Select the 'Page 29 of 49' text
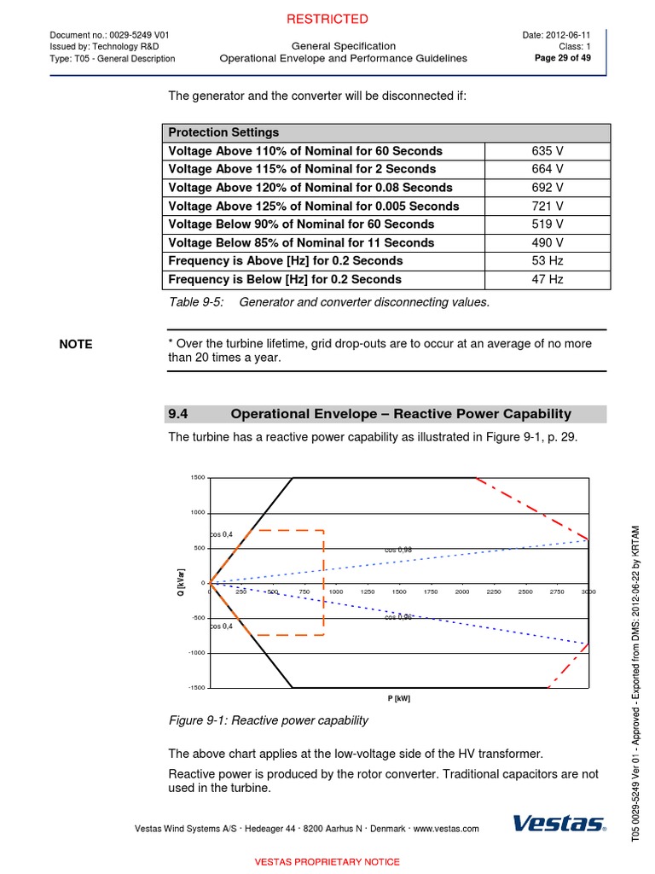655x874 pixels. [569, 58]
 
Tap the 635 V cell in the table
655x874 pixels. [547, 151]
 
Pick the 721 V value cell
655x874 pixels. [547, 207]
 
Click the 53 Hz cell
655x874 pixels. [547, 261]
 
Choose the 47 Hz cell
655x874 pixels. [547, 279]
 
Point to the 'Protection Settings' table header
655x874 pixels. [223, 132]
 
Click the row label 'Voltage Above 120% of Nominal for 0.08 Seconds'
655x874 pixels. [310, 188]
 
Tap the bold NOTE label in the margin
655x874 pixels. [76, 344]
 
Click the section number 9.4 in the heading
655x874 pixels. [177, 414]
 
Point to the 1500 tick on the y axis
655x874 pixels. [197, 478]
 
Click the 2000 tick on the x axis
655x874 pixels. [461, 591]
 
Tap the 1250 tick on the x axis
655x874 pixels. [368, 591]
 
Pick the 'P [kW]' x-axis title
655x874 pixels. [398, 698]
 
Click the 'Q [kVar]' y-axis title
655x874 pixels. [180, 583]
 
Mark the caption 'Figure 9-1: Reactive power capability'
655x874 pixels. [269, 720]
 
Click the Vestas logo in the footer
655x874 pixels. [559, 824]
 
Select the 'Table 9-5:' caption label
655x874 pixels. [197, 302]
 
